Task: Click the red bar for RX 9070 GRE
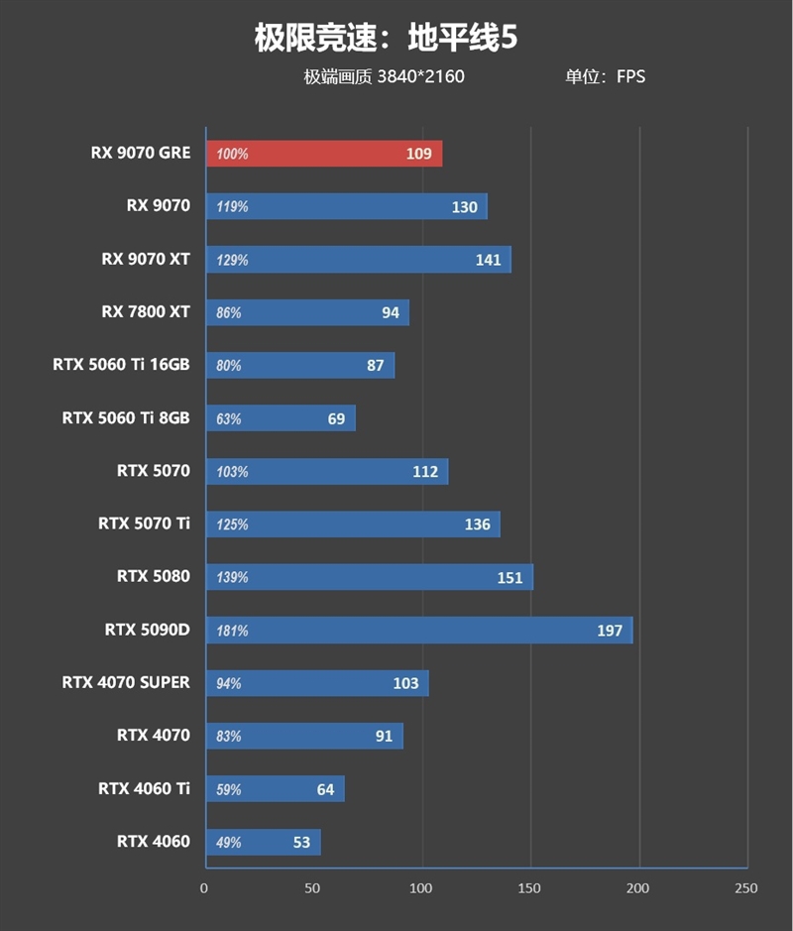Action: point(323,154)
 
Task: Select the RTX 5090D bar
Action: point(418,631)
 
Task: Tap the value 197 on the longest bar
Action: point(609,631)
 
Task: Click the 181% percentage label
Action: point(232,631)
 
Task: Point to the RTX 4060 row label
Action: point(153,842)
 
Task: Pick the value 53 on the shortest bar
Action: point(301,843)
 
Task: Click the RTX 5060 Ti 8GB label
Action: point(126,417)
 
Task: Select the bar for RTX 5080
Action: point(369,577)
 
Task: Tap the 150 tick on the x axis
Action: point(529,888)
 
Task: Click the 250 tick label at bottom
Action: point(745,888)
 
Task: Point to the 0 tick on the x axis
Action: point(204,888)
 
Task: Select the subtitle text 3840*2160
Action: point(420,76)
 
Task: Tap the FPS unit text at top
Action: point(630,76)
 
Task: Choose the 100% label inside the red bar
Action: point(232,155)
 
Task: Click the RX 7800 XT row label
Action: point(145,311)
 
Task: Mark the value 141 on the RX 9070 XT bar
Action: point(489,260)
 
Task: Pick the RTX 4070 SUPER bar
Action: point(316,683)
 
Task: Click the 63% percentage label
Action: point(229,419)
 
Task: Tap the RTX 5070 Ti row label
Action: point(144,523)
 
